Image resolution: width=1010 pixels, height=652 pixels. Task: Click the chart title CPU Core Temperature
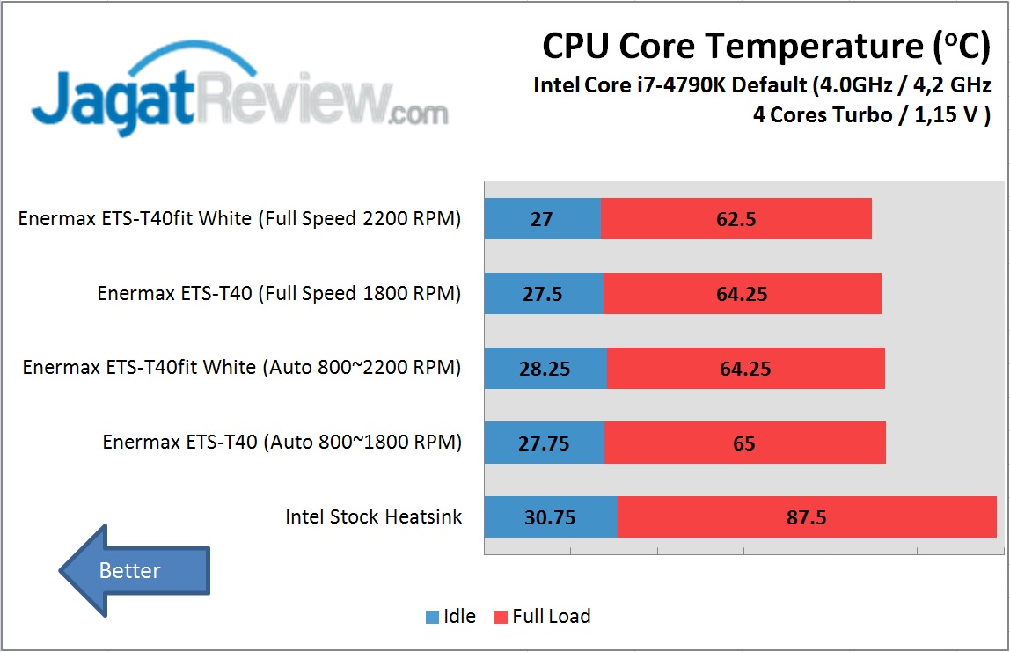(x=765, y=47)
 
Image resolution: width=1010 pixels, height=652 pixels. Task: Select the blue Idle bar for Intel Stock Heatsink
(x=551, y=516)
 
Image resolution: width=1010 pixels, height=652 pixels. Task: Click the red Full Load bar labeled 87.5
(x=807, y=516)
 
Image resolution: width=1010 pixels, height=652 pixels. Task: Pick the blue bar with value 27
(x=542, y=218)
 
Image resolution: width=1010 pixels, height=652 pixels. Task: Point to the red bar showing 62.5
(x=736, y=218)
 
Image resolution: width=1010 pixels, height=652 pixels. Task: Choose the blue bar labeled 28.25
(x=545, y=368)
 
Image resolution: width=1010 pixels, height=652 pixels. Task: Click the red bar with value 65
(x=744, y=442)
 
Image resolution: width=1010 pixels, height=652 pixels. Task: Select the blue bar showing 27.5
(x=544, y=293)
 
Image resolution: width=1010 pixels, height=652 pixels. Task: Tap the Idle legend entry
(x=451, y=617)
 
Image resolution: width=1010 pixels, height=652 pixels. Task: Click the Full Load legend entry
(x=542, y=617)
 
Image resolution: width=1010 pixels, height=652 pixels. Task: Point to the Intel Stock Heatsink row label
(x=373, y=516)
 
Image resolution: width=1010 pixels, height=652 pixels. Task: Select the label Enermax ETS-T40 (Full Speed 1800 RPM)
(x=279, y=293)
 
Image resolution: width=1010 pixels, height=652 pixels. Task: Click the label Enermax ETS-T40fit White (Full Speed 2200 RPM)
(x=239, y=218)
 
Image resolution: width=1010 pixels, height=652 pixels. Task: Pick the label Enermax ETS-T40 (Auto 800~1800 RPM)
(x=282, y=442)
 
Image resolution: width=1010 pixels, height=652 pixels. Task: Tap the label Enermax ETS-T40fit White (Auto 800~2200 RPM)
(x=242, y=368)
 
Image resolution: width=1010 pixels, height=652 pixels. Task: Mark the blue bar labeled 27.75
(x=544, y=442)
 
